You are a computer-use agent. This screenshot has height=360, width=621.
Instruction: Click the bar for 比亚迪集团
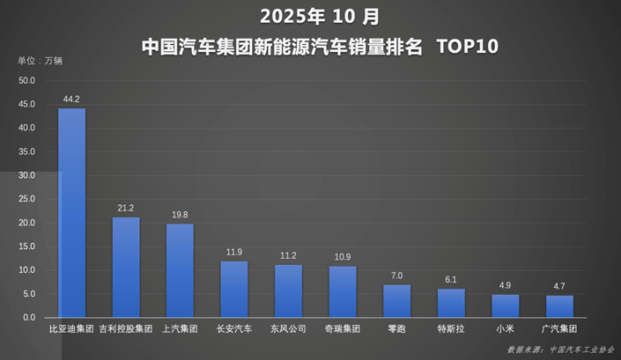click(x=71, y=213)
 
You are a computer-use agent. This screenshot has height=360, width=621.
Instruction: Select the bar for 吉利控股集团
click(x=126, y=268)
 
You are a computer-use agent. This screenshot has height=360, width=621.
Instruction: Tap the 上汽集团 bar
click(x=180, y=270)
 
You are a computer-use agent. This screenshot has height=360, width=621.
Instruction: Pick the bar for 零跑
click(x=396, y=301)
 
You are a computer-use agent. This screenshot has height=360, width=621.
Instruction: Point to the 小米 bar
click(x=505, y=305)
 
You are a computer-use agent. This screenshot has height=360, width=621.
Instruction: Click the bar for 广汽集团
click(x=559, y=306)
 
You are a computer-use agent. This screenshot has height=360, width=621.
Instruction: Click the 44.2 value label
click(x=71, y=99)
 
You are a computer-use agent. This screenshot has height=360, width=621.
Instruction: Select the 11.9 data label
click(x=234, y=252)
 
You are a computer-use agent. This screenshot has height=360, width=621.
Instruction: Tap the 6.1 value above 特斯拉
click(x=450, y=279)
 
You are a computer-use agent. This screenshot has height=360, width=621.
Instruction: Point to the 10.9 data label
click(x=342, y=256)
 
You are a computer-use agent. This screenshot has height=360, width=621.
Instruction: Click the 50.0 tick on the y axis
click(x=26, y=81)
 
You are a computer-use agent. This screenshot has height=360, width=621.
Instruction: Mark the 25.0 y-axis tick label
click(x=26, y=199)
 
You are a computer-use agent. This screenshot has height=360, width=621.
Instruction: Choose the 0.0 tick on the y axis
click(x=28, y=318)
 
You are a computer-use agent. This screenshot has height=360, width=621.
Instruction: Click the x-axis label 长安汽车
click(x=234, y=330)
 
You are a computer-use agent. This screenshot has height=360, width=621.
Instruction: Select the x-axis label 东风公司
click(x=288, y=330)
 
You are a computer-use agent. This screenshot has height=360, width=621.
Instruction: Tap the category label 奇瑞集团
click(x=342, y=330)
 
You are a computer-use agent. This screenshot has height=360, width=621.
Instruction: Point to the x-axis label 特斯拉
click(x=450, y=330)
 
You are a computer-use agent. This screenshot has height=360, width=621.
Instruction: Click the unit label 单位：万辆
click(x=41, y=61)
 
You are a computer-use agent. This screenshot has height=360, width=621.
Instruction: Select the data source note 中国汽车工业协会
click(x=581, y=349)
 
